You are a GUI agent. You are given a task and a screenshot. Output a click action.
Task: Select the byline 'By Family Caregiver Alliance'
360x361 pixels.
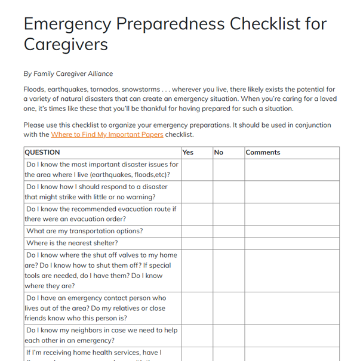point(68,74)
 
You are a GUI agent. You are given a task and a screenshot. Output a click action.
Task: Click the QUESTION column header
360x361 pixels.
point(42,153)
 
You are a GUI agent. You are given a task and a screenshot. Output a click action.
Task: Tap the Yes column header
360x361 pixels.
point(188,153)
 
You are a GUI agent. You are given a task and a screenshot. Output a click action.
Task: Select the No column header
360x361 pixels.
point(219,153)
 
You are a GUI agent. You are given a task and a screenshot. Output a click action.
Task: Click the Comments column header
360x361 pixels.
point(263,153)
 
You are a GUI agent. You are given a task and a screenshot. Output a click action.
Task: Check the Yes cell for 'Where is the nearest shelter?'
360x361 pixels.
point(196,243)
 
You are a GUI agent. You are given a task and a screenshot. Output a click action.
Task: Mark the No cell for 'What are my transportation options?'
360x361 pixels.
point(228,231)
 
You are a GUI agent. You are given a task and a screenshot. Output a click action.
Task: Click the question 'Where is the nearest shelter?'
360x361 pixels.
point(72,243)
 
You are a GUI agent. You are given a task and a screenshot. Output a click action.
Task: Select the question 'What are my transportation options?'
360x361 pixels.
point(85,231)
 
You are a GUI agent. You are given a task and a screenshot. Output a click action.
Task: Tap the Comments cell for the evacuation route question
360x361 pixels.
point(291,214)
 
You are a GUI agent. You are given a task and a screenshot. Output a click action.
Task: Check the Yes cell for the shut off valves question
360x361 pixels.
point(196,270)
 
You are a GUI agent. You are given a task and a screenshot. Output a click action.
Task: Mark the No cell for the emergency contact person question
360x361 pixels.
point(228,308)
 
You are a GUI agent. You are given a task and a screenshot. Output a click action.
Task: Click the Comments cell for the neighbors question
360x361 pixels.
point(291,335)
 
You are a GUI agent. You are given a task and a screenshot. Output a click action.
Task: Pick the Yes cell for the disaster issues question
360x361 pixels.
point(196,169)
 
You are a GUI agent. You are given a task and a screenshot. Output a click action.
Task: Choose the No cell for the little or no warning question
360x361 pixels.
point(228,192)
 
